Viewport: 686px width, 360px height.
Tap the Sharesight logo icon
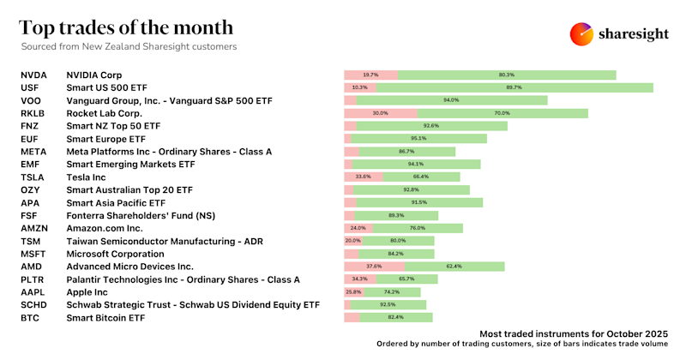pyautogui.click(x=582, y=34)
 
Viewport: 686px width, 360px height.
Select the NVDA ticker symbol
pyautogui.click(x=33, y=75)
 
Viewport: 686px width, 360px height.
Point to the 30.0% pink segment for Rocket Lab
pyautogui.click(x=381, y=113)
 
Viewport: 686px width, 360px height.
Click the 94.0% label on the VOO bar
pyautogui.click(x=451, y=100)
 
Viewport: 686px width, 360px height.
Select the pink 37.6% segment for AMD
pyautogui.click(x=374, y=267)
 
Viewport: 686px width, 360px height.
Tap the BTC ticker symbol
pyautogui.click(x=30, y=318)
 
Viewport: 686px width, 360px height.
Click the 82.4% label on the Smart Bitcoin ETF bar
pyautogui.click(x=396, y=318)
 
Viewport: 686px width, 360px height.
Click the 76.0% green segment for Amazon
pyautogui.click(x=418, y=229)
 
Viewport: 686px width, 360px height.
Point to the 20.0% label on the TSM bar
pyautogui.click(x=352, y=241)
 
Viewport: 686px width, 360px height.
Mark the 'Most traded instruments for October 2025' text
pyautogui.click(x=573, y=332)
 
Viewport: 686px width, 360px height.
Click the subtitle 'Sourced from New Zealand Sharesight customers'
pyautogui.click(x=129, y=46)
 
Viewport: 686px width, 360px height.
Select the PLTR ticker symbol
pyautogui.click(x=33, y=279)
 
